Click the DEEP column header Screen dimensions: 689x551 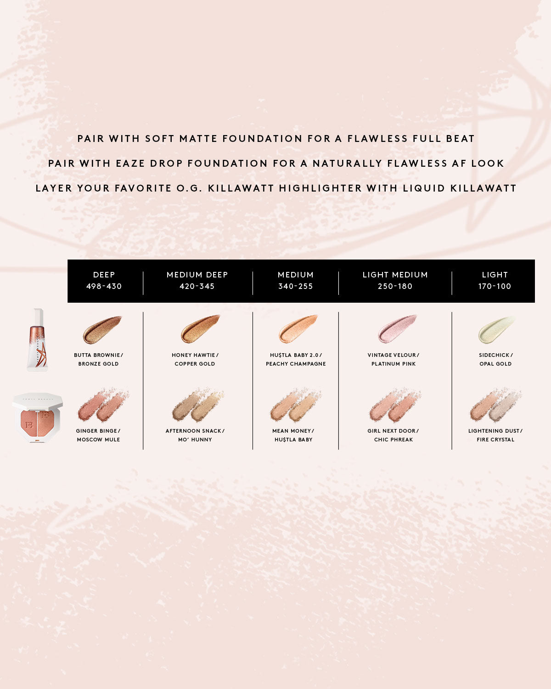click(x=104, y=280)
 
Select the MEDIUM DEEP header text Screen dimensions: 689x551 click(x=197, y=275)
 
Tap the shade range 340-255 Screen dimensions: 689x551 click(x=295, y=286)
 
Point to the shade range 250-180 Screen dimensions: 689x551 click(x=395, y=286)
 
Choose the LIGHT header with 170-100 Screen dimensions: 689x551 click(x=495, y=280)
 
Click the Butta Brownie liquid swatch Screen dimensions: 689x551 click(x=101, y=329)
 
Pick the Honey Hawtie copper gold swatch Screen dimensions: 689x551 click(x=200, y=329)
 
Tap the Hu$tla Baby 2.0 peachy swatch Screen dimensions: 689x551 click(x=298, y=329)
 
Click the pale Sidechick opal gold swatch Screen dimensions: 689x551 click(x=496, y=329)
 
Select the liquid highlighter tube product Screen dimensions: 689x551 click(x=38, y=339)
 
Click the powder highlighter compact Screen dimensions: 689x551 click(x=37, y=417)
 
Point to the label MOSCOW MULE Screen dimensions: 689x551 click(x=98, y=440)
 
